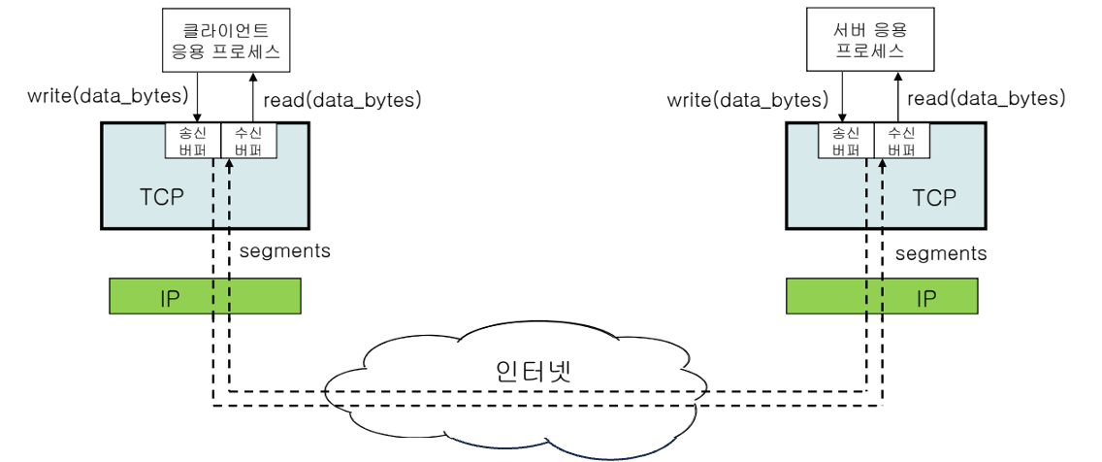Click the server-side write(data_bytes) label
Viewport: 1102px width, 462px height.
pyautogui.click(x=748, y=99)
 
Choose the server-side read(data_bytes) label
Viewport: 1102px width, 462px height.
pyautogui.click(x=986, y=98)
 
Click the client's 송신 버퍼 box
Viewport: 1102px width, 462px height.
pyautogui.click(x=194, y=141)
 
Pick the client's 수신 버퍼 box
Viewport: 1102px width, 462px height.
pyautogui.click(x=248, y=141)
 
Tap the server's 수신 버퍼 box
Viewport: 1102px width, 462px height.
pyautogui.click(x=901, y=141)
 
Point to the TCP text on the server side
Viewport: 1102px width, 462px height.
pyautogui.click(x=934, y=198)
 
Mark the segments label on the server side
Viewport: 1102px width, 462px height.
pyautogui.click(x=941, y=253)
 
